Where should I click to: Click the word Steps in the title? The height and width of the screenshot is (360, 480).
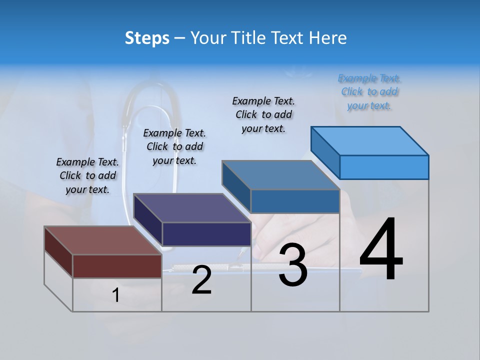pyautogui.click(x=147, y=38)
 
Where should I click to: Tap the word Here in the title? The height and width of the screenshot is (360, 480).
pyautogui.click(x=328, y=38)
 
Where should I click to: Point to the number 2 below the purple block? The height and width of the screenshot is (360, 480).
pyautogui.click(x=201, y=280)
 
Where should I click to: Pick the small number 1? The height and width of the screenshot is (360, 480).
pyautogui.click(x=115, y=295)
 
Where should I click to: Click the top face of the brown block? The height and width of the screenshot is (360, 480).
pyautogui.click(x=102, y=240)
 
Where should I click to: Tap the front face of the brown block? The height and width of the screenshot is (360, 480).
pyautogui.click(x=117, y=266)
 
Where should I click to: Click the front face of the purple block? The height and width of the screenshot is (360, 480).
pyautogui.click(x=206, y=234)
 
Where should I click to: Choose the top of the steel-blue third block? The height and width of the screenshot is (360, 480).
pyautogui.click(x=280, y=175)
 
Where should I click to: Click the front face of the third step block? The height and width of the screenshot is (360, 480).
pyautogui.click(x=295, y=201)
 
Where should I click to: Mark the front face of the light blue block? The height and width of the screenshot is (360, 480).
pyautogui.click(x=384, y=167)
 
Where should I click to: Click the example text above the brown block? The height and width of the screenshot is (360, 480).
pyautogui.click(x=87, y=175)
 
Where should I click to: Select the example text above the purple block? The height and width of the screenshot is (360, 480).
pyautogui.click(x=174, y=146)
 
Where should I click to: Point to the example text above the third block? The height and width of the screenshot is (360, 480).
pyautogui.click(x=263, y=114)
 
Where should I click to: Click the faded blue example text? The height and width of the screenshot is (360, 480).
pyautogui.click(x=369, y=91)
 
